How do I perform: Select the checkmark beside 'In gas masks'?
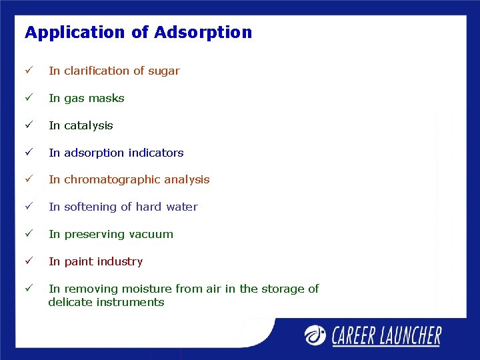point(29,98)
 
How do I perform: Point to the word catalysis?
point(89,125)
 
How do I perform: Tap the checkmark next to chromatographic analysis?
point(29,179)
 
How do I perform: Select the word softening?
point(91,207)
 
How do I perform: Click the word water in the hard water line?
point(181,207)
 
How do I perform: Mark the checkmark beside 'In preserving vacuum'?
point(29,234)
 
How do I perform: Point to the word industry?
point(120,261)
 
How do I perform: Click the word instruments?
point(131,302)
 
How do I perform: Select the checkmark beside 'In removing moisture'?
point(29,289)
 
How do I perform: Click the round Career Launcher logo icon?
point(317,335)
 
